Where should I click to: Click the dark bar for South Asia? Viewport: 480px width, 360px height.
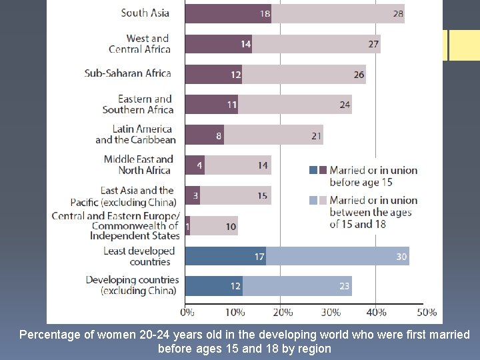pyautogui.click(x=227, y=13)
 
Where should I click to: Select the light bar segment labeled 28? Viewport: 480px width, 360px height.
pyautogui.click(x=337, y=13)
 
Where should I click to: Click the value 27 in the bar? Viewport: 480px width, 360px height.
pyautogui.click(x=373, y=45)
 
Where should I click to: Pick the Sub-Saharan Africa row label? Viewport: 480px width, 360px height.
pyautogui.click(x=128, y=73)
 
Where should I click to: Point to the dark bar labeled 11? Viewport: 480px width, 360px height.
pyautogui.click(x=211, y=104)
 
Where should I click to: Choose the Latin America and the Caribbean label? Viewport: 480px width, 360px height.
pyautogui.click(x=135, y=134)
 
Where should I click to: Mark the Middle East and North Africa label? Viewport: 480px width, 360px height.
pyautogui.click(x=138, y=164)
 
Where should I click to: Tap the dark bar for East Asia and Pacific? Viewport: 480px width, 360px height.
pyautogui.click(x=192, y=195)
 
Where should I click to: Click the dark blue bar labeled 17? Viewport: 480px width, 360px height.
pyautogui.click(x=225, y=256)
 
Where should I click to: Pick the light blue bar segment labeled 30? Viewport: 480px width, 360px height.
pyautogui.click(x=337, y=256)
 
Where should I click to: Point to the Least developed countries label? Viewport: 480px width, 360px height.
pyautogui.click(x=139, y=256)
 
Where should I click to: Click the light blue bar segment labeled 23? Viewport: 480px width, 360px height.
pyautogui.click(x=297, y=286)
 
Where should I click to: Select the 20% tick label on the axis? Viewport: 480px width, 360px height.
pyautogui.click(x=282, y=312)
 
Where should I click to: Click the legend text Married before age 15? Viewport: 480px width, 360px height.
pyautogui.click(x=373, y=175)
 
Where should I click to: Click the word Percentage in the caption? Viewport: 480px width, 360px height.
pyautogui.click(x=47, y=335)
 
